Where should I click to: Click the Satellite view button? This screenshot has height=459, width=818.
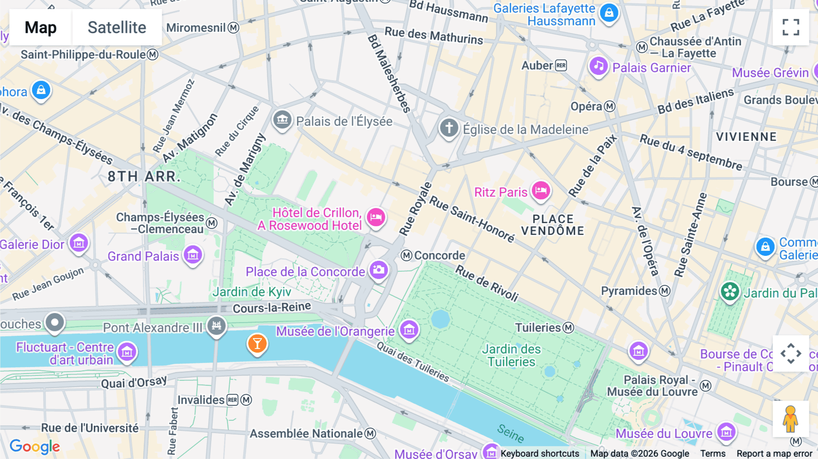pyautogui.click(x=117, y=27)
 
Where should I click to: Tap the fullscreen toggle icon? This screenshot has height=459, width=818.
pyautogui.click(x=791, y=27)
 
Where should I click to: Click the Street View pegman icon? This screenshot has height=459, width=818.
pyautogui.click(x=790, y=419)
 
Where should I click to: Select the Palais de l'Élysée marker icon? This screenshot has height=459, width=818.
pyautogui.click(x=282, y=120)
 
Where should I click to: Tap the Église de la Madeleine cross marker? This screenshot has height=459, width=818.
pyautogui.click(x=449, y=128)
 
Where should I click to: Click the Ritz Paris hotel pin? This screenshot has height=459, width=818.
pyautogui.click(x=541, y=190)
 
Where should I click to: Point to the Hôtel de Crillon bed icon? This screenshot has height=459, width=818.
pyautogui.click(x=376, y=217)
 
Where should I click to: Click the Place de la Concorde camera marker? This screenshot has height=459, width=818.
pyautogui.click(x=379, y=270)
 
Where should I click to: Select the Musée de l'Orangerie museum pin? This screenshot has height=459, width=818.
pyautogui.click(x=409, y=329)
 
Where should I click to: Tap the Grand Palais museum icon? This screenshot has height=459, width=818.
pyautogui.click(x=193, y=255)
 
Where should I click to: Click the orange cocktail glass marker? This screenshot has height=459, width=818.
pyautogui.click(x=257, y=344)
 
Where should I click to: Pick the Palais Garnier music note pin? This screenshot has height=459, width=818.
pyautogui.click(x=599, y=66)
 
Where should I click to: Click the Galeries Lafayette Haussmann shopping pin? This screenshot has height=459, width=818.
pyautogui.click(x=609, y=13)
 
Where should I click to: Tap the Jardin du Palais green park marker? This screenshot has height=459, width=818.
pyautogui.click(x=730, y=291)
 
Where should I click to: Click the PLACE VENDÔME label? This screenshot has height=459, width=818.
pyautogui.click(x=553, y=225)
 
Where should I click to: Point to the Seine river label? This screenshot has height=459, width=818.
pyautogui.click(x=510, y=433)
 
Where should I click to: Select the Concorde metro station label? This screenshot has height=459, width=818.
pyautogui.click(x=439, y=255)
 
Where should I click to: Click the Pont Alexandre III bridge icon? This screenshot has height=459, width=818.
pyautogui.click(x=216, y=326)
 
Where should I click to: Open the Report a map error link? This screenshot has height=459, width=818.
pyautogui.click(x=774, y=453)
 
